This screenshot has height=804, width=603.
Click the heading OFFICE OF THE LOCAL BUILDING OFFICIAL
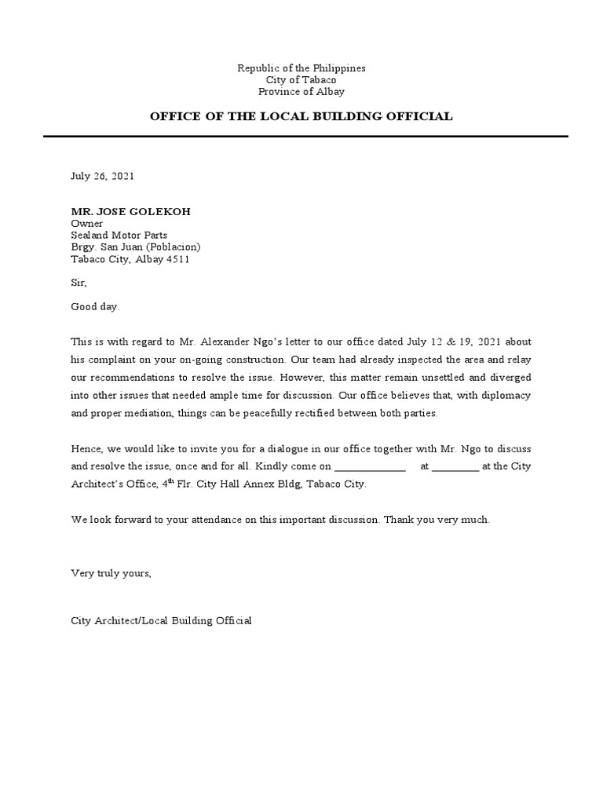pyautogui.click(x=301, y=116)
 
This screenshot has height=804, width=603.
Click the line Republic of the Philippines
pyautogui.click(x=301, y=68)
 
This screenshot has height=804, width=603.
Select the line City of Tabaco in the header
pyautogui.click(x=301, y=80)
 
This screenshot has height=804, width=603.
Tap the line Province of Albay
pyautogui.click(x=301, y=92)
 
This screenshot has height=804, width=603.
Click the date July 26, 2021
pyautogui.click(x=103, y=176)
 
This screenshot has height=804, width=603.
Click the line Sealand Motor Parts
pyautogui.click(x=119, y=235)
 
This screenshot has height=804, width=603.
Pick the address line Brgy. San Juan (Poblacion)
pyautogui.click(x=136, y=247)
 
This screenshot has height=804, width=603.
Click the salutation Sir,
pyautogui.click(x=79, y=283)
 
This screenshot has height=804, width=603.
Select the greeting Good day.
pyautogui.click(x=96, y=307)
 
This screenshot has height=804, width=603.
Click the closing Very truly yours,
pyautogui.click(x=111, y=573)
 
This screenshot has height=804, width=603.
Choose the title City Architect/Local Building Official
pyautogui.click(x=161, y=621)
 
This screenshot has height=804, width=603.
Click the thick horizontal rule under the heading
pyautogui.click(x=305, y=136)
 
